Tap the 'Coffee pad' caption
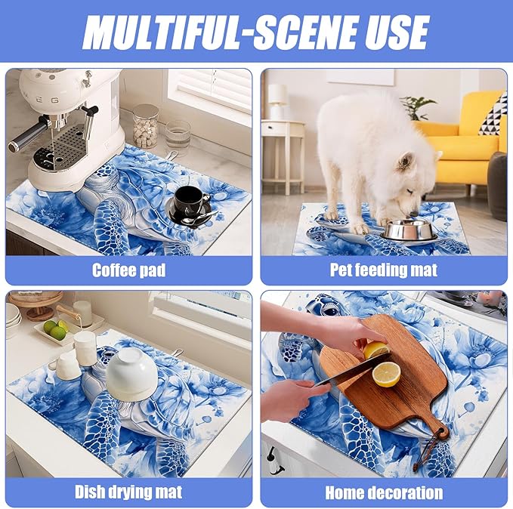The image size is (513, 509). click(x=128, y=270)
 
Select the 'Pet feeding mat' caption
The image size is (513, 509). click(x=384, y=270)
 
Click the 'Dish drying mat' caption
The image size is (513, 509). click(x=128, y=492)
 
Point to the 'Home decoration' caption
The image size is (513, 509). click(x=384, y=492)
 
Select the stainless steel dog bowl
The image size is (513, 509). click(x=409, y=230)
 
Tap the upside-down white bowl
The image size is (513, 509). click(x=130, y=372)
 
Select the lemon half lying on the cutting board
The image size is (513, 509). click(x=386, y=374)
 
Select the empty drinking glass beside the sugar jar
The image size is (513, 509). click(x=178, y=135)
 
